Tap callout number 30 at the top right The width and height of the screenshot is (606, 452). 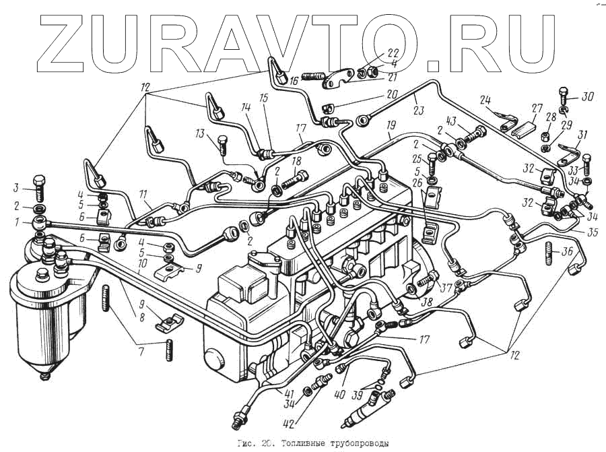587,96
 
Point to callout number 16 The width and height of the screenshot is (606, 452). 294,81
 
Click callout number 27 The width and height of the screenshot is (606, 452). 537,108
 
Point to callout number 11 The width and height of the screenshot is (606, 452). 143,195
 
